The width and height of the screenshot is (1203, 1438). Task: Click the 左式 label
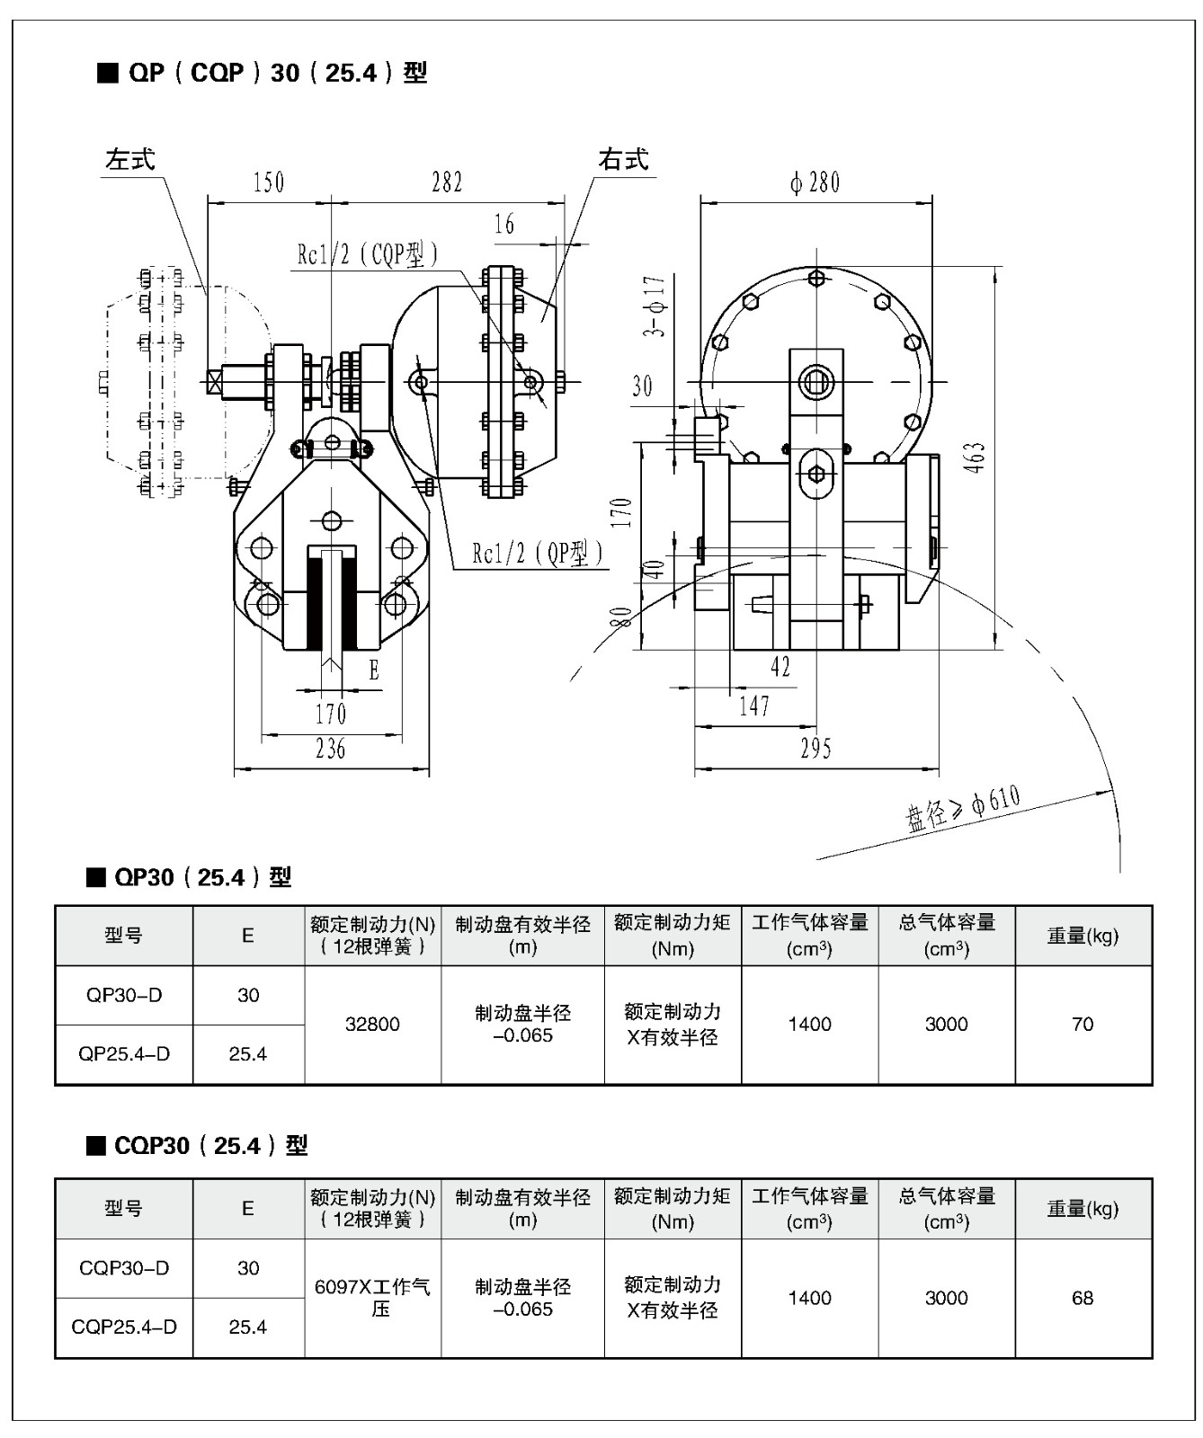pyautogui.click(x=130, y=160)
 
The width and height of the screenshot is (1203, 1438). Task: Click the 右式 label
pyautogui.click(x=623, y=160)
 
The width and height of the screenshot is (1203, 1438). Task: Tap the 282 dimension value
pyautogui.click(x=447, y=182)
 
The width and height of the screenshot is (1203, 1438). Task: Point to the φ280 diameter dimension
pyautogui.click(x=815, y=182)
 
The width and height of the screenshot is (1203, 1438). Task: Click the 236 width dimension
pyautogui.click(x=330, y=749)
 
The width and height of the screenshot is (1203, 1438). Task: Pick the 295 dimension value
pyautogui.click(x=815, y=749)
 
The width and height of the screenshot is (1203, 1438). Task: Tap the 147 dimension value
pyautogui.click(x=754, y=706)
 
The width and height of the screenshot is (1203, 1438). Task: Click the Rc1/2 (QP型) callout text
pyautogui.click(x=538, y=554)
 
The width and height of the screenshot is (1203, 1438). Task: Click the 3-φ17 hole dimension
pyautogui.click(x=655, y=306)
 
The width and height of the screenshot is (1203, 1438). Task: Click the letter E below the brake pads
pyautogui.click(x=373, y=670)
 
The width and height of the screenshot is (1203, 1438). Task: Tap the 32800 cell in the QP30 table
pyautogui.click(x=372, y=1025)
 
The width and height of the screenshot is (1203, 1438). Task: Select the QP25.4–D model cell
pyautogui.click(x=124, y=1053)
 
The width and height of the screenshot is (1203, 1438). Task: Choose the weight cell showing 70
pyautogui.click(x=1083, y=1025)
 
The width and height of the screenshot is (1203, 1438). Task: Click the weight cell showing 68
pyautogui.click(x=1083, y=1298)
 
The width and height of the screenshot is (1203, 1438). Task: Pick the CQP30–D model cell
pyautogui.click(x=124, y=1268)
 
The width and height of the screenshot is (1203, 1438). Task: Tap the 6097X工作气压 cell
pyautogui.click(x=372, y=1298)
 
